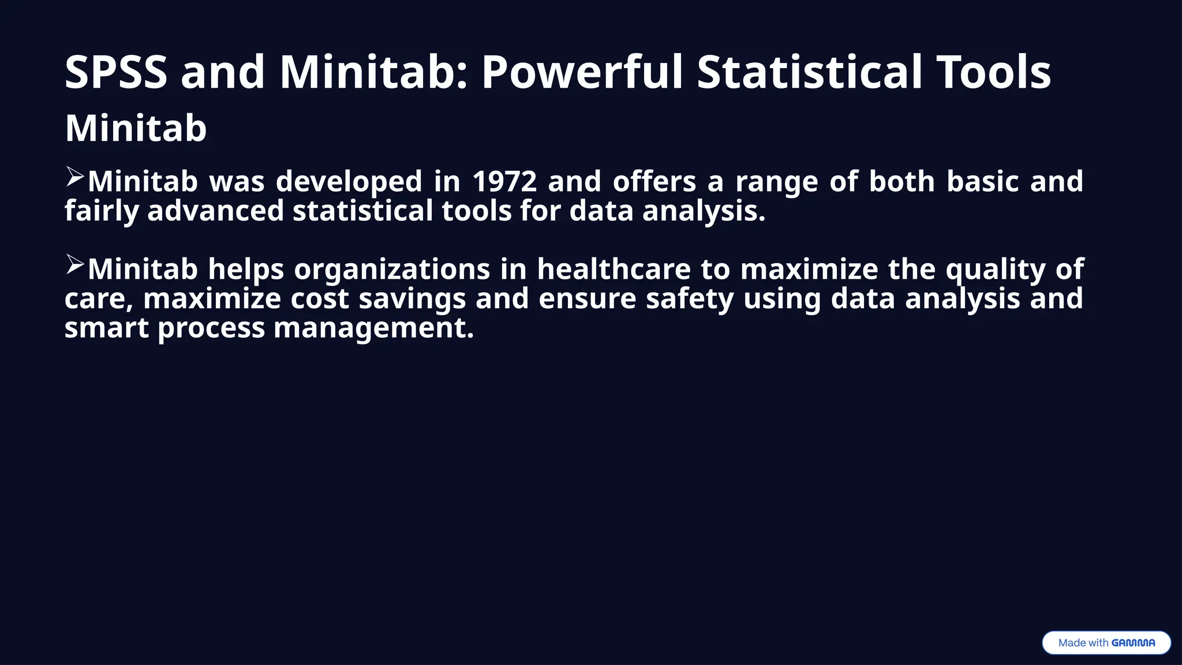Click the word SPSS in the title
[115, 72]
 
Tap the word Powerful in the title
[582, 72]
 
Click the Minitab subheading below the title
[136, 128]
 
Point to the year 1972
[504, 181]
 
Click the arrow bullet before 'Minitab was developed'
[74, 176]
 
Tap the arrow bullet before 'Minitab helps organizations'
[74, 264]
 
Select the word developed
[349, 182]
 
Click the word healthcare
[614, 269]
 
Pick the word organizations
[392, 270]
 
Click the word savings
[412, 300]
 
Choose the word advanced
[215, 211]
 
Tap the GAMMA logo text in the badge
[1133, 642]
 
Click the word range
[776, 182]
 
